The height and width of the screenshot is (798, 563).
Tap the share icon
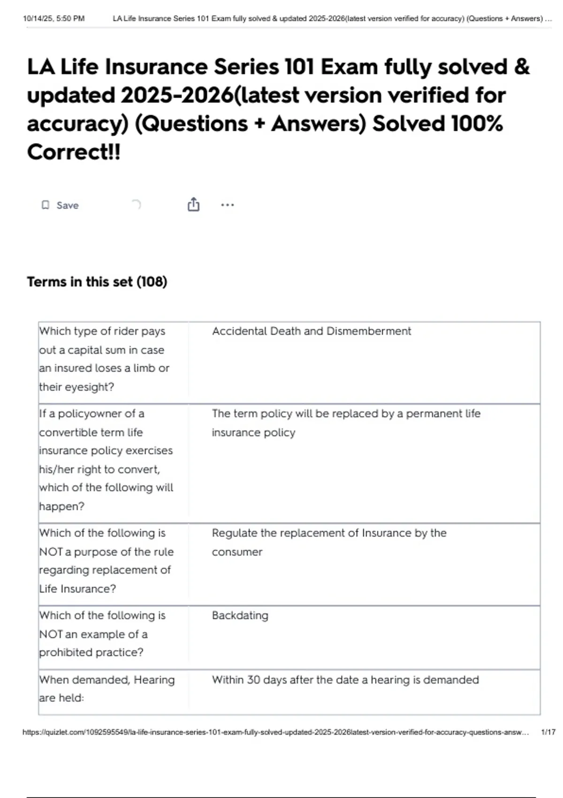[193, 205]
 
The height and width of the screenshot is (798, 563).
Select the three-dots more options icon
[227, 205]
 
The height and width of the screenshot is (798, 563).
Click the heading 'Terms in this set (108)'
[97, 282]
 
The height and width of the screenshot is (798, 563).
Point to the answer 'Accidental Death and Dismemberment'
[311, 331]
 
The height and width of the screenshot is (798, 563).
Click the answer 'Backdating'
[240, 615]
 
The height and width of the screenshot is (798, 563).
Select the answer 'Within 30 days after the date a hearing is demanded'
[345, 680]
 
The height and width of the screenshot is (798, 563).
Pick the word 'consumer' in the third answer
[237, 552]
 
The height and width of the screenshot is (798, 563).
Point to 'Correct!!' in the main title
[74, 152]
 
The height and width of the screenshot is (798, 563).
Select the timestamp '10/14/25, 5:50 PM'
[53, 19]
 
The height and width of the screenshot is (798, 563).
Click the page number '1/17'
[548, 732]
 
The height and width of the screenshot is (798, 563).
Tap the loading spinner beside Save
[136, 205]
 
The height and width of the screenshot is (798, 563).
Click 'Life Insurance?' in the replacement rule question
[77, 589]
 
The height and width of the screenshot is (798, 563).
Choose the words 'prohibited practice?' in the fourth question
[91, 652]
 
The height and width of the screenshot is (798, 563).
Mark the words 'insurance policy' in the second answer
[253, 432]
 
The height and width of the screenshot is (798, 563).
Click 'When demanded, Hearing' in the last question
[107, 680]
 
